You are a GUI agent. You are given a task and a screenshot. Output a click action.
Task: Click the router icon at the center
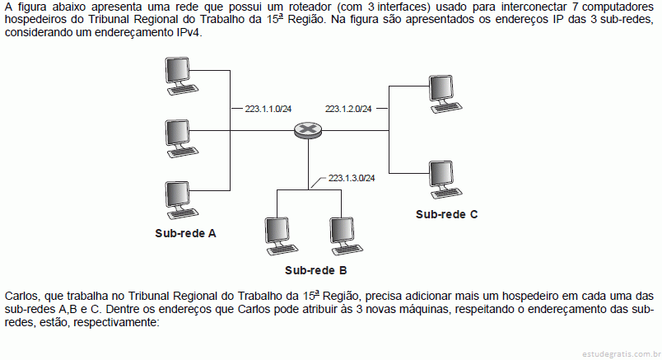(x=308, y=129)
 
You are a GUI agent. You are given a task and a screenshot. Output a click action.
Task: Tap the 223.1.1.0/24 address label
(x=268, y=109)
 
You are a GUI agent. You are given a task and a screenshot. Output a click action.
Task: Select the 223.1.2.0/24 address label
(x=348, y=109)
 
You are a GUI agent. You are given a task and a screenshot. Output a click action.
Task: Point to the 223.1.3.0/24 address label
(x=352, y=178)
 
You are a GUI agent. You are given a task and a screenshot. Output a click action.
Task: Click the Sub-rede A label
(x=185, y=233)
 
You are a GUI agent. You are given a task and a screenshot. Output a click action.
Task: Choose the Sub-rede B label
(x=316, y=270)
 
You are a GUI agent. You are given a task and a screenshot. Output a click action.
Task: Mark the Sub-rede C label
(x=446, y=214)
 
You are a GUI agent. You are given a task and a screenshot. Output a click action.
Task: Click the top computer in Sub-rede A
(x=181, y=76)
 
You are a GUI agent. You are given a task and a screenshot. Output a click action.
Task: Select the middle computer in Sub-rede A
(x=181, y=138)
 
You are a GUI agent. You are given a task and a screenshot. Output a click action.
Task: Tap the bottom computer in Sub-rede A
(x=181, y=200)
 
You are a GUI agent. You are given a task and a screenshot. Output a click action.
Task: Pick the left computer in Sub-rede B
(x=281, y=236)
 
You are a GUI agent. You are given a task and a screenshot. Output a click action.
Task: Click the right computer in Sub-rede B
(x=346, y=236)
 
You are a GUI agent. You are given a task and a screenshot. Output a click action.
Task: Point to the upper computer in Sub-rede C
(x=445, y=94)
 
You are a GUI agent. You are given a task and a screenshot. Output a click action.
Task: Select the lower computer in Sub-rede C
(x=445, y=180)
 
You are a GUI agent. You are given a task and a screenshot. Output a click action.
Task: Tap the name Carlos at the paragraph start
(x=21, y=296)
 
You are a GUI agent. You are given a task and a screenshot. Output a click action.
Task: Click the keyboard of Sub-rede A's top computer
(x=184, y=90)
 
